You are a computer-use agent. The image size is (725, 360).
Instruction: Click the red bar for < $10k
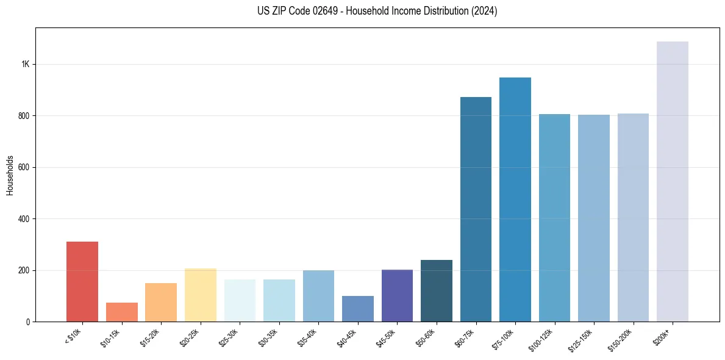point(82,281)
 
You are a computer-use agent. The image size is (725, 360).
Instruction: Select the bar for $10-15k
point(121,312)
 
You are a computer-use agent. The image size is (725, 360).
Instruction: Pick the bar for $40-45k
point(358,309)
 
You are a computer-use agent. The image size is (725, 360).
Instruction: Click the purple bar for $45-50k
point(397,295)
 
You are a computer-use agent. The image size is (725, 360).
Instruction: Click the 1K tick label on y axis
point(25,65)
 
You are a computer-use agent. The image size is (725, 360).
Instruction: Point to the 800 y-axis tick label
point(24,116)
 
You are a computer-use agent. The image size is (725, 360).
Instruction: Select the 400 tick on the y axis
point(24,219)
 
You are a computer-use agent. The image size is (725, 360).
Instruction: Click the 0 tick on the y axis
point(27,322)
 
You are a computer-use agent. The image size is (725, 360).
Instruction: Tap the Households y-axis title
point(10,175)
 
